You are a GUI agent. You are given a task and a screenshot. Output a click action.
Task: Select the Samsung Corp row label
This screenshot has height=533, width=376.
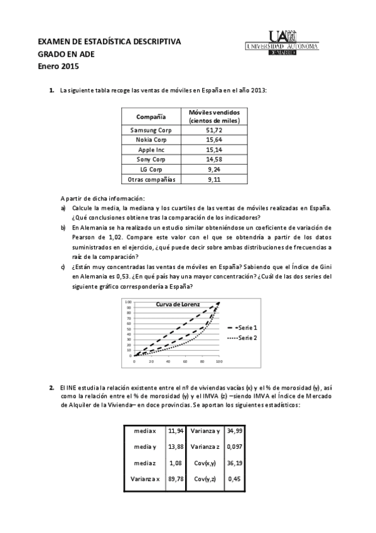151,130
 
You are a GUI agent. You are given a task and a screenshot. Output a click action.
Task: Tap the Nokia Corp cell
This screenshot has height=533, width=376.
151,140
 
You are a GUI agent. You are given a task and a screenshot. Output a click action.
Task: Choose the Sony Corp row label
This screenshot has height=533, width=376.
151,160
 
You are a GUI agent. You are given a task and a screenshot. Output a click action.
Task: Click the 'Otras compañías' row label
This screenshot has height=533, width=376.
151,180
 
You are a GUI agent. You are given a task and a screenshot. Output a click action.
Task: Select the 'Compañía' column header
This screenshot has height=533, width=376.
151,116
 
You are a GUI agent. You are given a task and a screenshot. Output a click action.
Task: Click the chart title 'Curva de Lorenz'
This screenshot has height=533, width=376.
178,305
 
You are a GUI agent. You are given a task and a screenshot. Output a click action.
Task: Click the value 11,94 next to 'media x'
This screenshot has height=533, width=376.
176,431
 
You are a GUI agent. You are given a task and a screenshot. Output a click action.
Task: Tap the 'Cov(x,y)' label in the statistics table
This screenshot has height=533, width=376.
205,463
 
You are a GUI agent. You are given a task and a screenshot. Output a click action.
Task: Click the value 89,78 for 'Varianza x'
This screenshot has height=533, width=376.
176,479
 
